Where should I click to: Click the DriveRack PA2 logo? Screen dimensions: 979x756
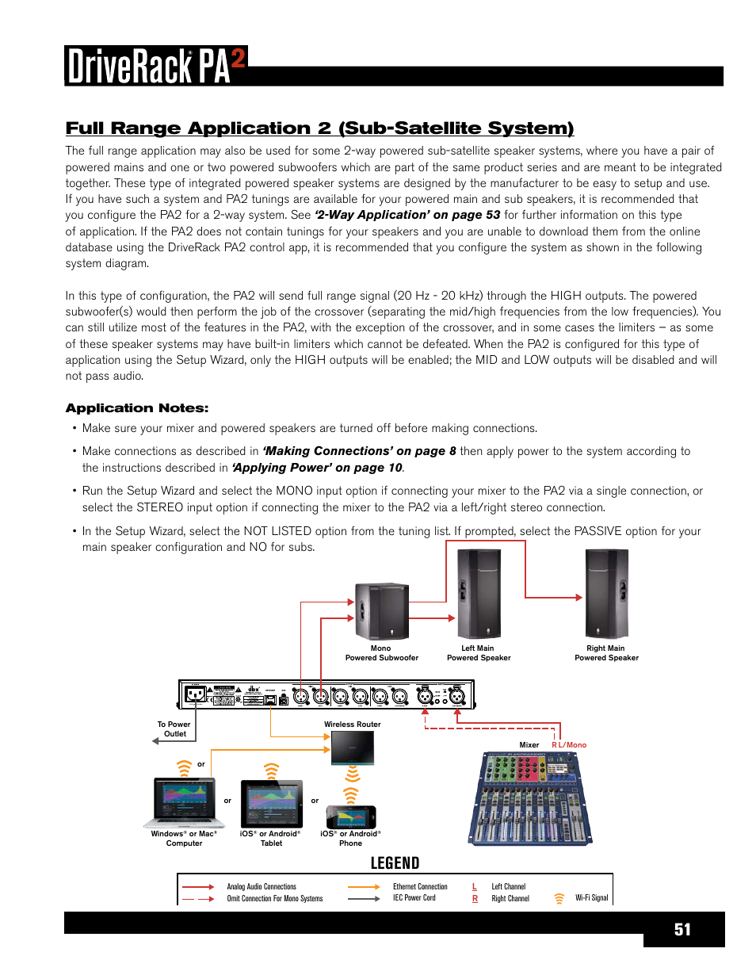pyautogui.click(x=156, y=66)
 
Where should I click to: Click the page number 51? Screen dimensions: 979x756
pyautogui.click(x=682, y=930)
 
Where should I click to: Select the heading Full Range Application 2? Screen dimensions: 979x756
pyautogui.click(x=319, y=128)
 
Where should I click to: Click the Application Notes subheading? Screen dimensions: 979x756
pyautogui.click(x=137, y=408)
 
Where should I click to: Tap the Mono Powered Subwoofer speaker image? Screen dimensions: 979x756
pyautogui.click(x=381, y=610)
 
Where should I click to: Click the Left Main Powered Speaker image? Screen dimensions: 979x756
pyautogui.click(x=479, y=594)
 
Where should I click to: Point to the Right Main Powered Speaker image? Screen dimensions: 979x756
pyautogui.click(x=606, y=594)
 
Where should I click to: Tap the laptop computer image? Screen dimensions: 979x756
pyautogui.click(x=184, y=803)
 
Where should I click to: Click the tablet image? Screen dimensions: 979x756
pyautogui.click(x=271, y=805)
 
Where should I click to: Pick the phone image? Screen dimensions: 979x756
pyautogui.click(x=351, y=817)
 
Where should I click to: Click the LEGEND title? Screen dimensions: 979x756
pyautogui.click(x=395, y=863)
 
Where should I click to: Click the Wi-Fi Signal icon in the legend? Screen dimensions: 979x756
pyautogui.click(x=559, y=898)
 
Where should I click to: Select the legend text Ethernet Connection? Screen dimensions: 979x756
pyautogui.click(x=420, y=887)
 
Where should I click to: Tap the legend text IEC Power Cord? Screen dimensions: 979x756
pyautogui.click(x=414, y=898)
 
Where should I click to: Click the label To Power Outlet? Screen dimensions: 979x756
pyautogui.click(x=174, y=729)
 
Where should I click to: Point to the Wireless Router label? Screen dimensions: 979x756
pyautogui.click(x=352, y=725)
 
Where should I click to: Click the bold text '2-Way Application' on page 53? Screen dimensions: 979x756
pyautogui.click(x=407, y=215)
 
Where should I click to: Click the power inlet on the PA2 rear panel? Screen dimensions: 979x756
pyautogui.click(x=194, y=695)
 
